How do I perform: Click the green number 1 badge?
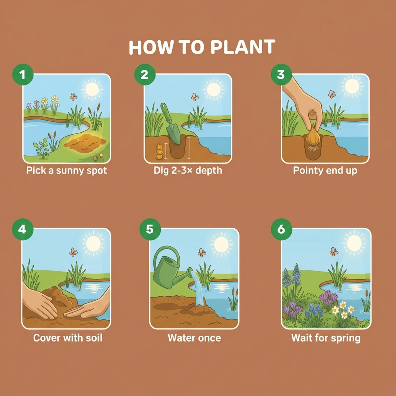[23, 74]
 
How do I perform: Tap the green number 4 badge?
[23, 229]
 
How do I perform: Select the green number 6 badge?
[281, 229]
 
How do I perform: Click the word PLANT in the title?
[243, 47]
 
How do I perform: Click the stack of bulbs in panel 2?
[159, 151]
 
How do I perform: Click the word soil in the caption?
[94, 338]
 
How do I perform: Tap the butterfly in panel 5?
[202, 252]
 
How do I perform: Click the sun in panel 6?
[354, 243]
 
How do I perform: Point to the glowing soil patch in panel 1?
[85, 144]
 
